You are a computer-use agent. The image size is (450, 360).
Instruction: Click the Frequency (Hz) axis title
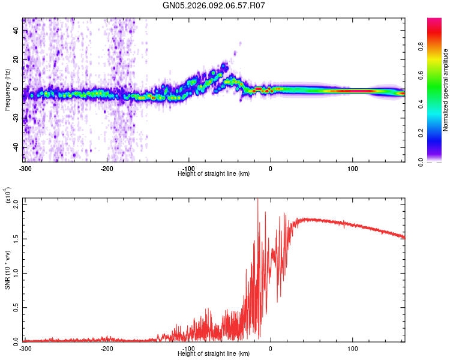(x=7, y=90)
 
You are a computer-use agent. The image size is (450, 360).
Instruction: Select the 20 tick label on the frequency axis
(x=17, y=59)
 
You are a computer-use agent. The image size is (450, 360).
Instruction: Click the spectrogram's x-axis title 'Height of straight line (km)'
(x=214, y=173)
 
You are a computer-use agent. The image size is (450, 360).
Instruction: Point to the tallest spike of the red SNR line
(x=258, y=200)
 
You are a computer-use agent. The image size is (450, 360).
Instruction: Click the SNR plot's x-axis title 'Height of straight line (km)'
(x=214, y=353)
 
